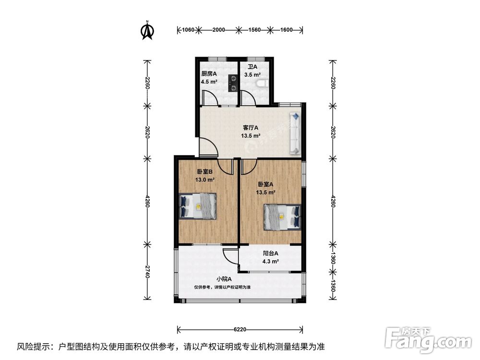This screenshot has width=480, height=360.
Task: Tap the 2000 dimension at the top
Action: [218, 30]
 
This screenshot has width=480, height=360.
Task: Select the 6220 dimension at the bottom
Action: [240, 329]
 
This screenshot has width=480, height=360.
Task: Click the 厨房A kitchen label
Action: [209, 73]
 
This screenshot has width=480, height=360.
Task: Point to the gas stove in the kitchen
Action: [233, 83]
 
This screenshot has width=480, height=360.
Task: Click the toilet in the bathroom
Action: [264, 83]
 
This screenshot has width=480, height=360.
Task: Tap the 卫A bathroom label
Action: [252, 66]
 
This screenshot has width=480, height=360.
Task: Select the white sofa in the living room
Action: [295, 133]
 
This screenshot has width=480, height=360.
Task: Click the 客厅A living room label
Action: [251, 127]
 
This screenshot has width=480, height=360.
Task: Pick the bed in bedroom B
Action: [197, 206]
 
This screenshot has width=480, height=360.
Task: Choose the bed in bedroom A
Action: [283, 217]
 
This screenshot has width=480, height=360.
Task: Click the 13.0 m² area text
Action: [204, 180]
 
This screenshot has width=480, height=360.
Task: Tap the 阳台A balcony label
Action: [271, 253]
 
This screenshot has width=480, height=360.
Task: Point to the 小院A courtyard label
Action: [224, 279]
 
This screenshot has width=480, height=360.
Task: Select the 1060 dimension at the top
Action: [188, 30]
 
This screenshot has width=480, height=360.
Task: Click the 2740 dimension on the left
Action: [147, 272]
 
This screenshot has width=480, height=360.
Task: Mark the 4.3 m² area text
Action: [270, 262]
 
